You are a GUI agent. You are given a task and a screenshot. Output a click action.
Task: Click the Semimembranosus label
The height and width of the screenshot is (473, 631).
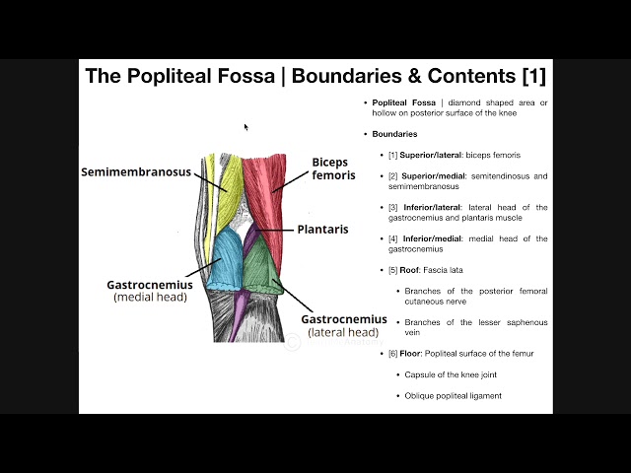point(149,171)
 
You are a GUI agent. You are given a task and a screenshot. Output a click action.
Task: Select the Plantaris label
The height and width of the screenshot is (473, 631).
point(323,229)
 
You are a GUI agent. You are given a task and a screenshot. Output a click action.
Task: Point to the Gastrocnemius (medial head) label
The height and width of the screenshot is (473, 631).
point(150,290)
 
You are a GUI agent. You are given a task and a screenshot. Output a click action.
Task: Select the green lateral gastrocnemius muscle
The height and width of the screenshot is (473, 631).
point(261,266)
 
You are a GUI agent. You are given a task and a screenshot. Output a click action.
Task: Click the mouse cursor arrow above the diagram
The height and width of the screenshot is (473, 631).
point(246,126)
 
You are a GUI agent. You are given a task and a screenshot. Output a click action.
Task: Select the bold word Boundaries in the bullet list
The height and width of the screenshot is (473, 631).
point(394,134)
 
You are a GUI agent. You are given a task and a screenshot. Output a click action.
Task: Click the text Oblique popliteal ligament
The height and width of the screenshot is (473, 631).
point(453,395)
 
